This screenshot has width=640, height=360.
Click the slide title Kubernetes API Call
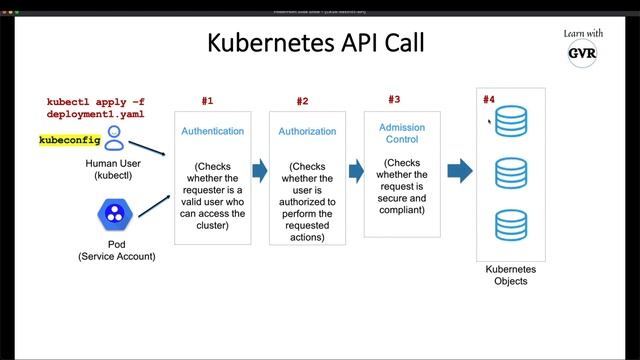315,43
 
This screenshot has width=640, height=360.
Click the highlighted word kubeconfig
69,140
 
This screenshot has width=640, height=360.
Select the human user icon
115,138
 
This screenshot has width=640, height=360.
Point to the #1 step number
207,101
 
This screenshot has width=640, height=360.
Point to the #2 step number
302,102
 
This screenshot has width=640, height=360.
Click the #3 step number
394,99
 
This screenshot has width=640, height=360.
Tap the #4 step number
489,99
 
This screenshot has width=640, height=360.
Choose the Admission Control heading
400,132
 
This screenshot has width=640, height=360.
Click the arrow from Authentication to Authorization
259,170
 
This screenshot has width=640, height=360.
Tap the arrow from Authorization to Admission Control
355,170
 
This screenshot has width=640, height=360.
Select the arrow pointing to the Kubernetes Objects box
459,170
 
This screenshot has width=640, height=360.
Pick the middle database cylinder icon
511,173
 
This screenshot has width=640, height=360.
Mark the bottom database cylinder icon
511,224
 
